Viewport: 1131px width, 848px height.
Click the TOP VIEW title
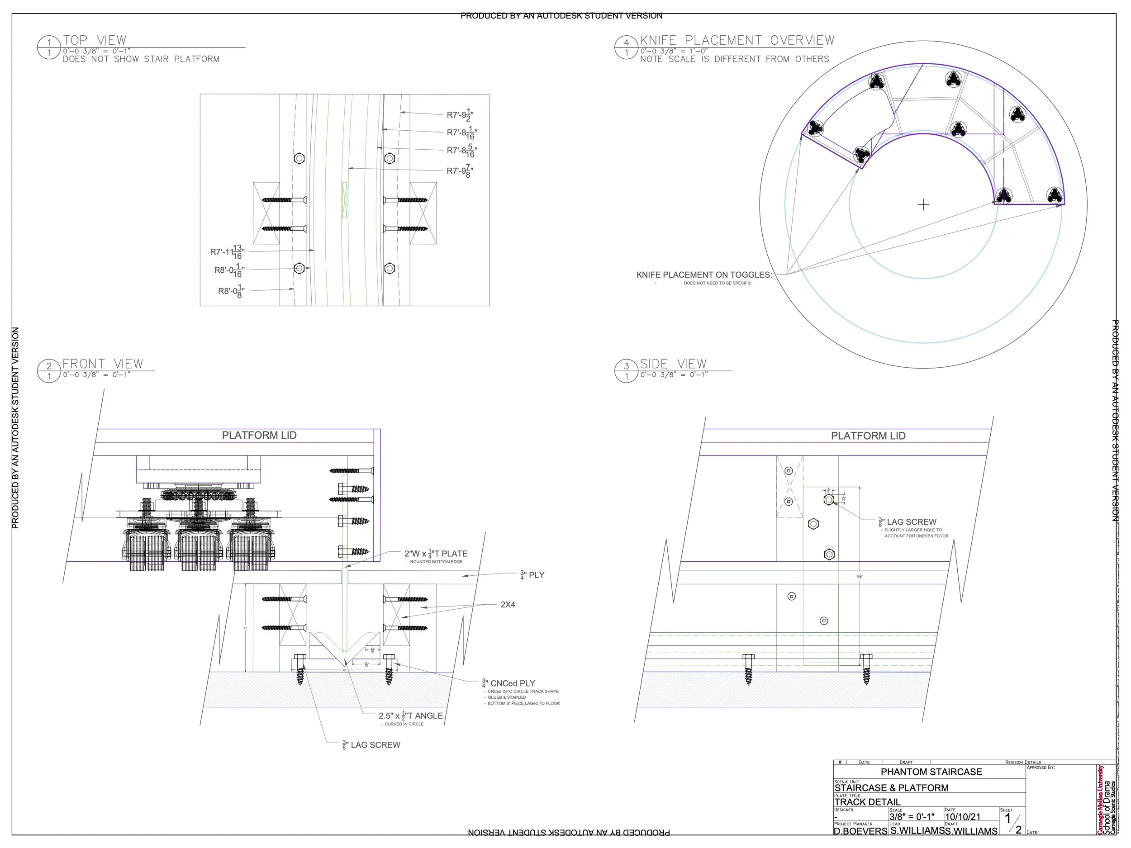[x=95, y=40]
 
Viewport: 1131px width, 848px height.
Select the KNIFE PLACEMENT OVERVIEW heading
[x=737, y=40]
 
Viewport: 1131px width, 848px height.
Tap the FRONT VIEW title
[x=103, y=364]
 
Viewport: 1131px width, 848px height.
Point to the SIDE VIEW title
[x=673, y=364]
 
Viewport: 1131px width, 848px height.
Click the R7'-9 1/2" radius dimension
[x=461, y=115]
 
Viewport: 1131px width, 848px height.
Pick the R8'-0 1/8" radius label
[x=231, y=291]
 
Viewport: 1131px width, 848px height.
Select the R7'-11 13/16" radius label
[x=227, y=251]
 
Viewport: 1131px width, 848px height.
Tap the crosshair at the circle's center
[x=923, y=205]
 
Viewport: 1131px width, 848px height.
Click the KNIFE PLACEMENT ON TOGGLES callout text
[x=704, y=275]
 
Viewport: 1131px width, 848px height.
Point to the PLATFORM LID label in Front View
[x=259, y=435]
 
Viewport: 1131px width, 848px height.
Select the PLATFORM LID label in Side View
[x=868, y=436]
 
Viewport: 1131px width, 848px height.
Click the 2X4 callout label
[x=508, y=605]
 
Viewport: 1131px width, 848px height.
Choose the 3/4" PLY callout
[x=532, y=575]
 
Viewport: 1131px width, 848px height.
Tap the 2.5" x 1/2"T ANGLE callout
[x=411, y=715]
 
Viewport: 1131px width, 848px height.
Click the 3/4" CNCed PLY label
[x=509, y=683]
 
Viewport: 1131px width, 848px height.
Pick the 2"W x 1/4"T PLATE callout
[x=436, y=554]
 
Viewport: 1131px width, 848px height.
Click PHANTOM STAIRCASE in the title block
[x=931, y=772]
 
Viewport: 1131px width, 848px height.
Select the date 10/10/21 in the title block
[x=962, y=817]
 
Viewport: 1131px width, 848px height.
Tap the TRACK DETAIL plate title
[x=867, y=802]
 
